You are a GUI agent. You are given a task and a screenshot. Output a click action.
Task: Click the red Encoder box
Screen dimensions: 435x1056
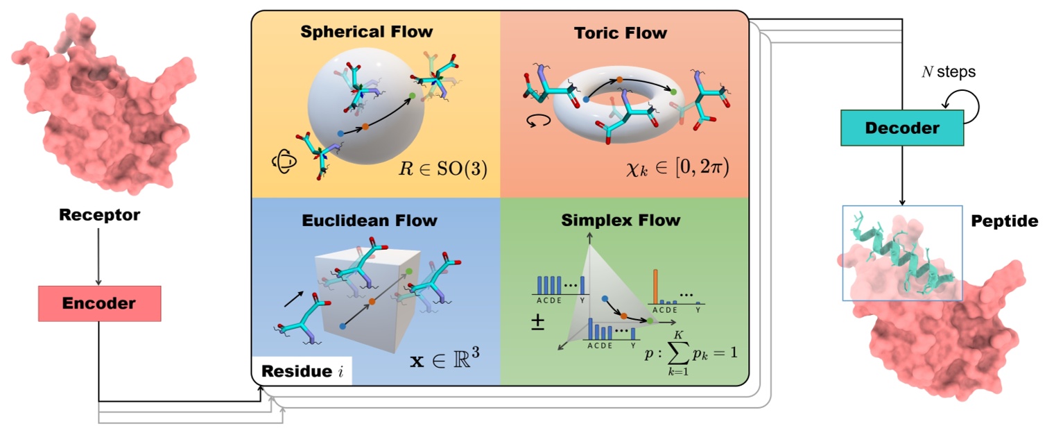99,303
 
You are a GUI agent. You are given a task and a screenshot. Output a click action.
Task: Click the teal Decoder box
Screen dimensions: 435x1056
902,128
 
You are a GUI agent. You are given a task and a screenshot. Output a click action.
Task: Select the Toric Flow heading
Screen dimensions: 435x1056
621,33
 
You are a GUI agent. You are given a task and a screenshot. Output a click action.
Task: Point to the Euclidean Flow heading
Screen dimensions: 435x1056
370,221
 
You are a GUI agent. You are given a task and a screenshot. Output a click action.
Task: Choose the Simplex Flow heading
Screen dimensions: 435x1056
621,221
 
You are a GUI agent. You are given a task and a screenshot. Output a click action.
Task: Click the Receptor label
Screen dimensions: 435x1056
99,215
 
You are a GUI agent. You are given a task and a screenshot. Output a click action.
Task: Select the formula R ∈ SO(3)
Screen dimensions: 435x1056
443,168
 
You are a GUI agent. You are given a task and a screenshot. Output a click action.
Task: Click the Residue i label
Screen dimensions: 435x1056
302,371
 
